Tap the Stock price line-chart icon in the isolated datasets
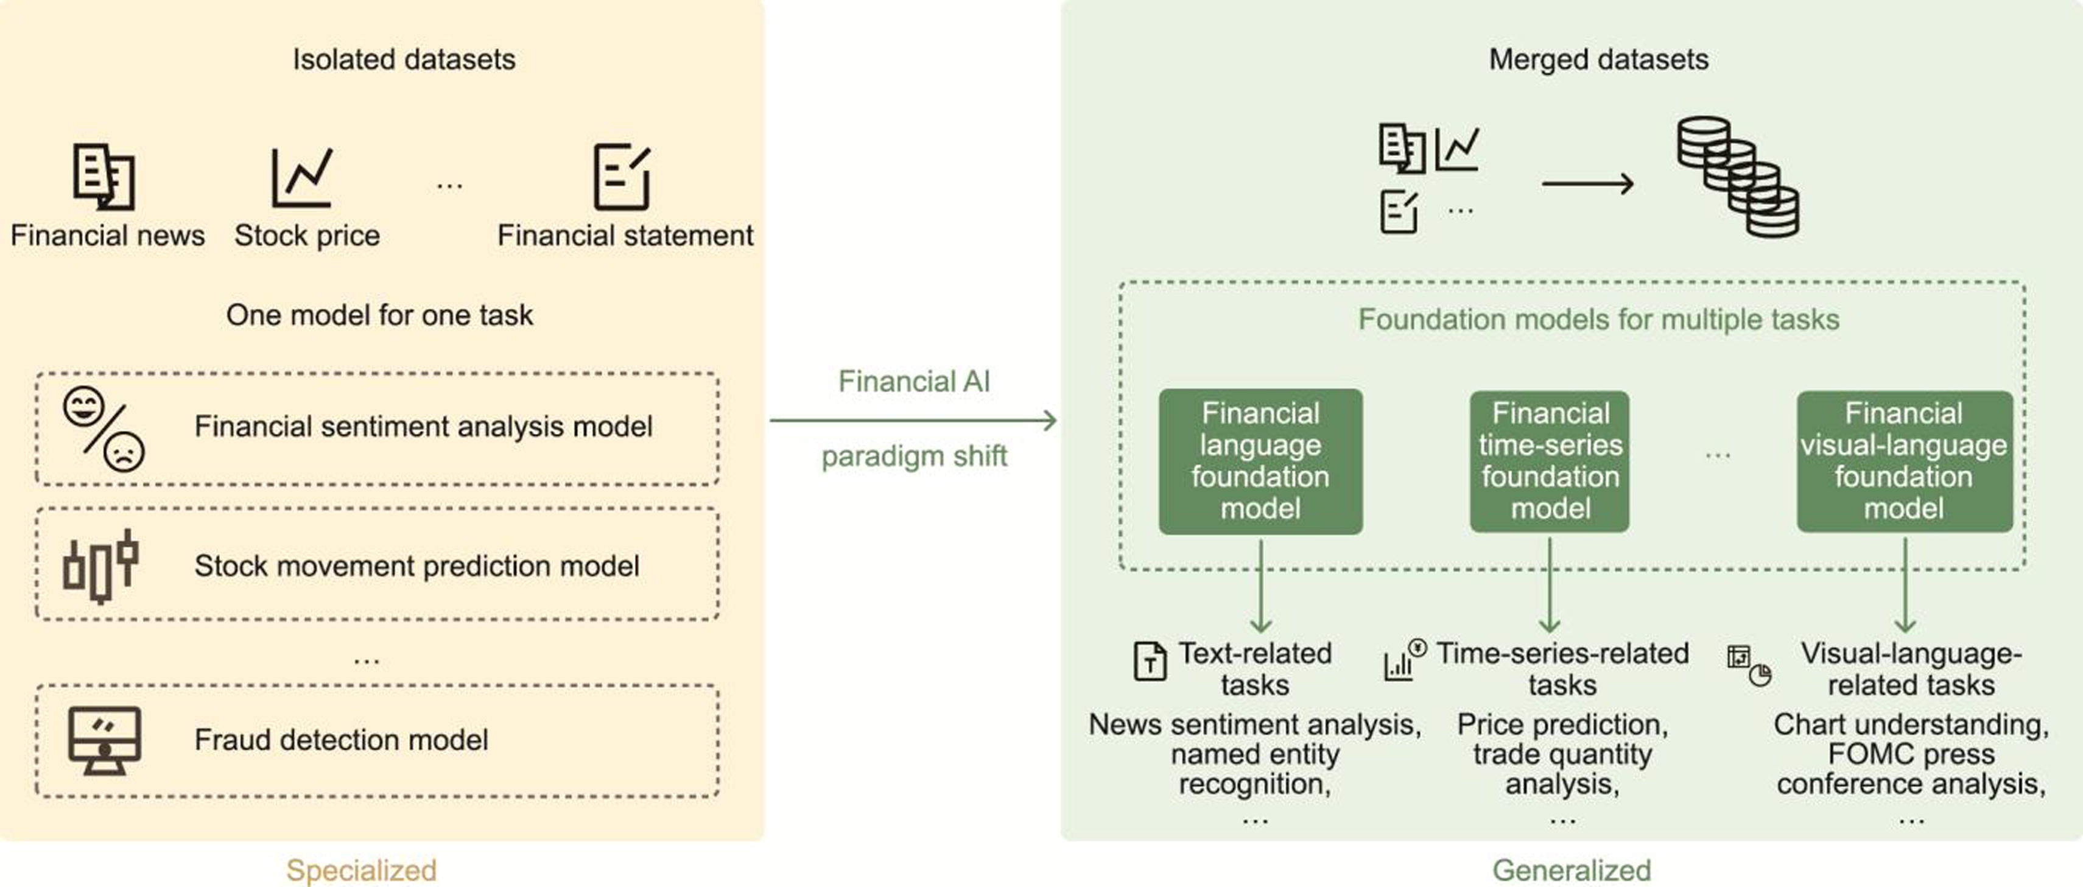301,177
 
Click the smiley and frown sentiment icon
104,429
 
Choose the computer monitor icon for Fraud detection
104,740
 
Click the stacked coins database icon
1737,177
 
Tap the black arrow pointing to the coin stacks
1587,184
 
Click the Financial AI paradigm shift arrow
913,421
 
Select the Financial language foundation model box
1260,461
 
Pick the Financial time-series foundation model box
1550,461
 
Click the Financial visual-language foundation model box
1903,461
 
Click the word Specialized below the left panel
360,870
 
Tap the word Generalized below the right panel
1571,870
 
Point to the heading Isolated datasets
404,59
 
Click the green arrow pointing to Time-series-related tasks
1550,586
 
